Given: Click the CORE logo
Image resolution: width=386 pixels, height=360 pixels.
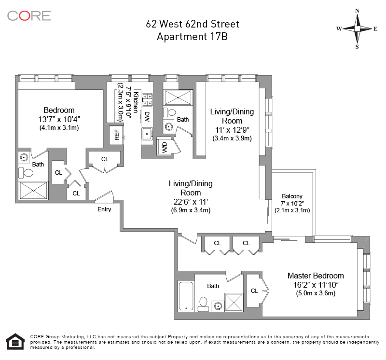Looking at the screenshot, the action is click(29, 16).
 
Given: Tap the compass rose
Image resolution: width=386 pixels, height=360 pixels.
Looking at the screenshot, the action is click(357, 29).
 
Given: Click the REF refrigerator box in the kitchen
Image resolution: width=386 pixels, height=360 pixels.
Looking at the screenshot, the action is click(117, 135).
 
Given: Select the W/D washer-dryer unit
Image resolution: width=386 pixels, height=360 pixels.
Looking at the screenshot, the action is click(165, 147).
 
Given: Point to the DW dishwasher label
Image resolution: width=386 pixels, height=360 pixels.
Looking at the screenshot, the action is click(147, 117).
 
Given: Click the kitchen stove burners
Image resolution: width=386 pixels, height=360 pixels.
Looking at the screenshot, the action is click(147, 99).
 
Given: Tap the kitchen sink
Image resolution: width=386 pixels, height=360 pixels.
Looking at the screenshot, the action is click(147, 134).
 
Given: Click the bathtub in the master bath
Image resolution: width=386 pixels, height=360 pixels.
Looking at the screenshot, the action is click(186, 296).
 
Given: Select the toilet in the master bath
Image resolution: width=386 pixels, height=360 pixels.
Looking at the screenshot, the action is click(203, 304).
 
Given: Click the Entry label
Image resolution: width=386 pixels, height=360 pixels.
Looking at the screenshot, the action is click(104, 209).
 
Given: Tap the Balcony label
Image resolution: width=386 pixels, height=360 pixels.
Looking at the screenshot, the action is click(292, 196).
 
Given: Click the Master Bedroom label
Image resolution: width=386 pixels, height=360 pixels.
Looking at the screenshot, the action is click(316, 276).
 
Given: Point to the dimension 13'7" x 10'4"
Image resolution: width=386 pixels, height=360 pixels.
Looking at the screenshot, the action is click(59, 119).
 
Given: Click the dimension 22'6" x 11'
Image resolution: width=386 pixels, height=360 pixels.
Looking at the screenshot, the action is click(191, 202).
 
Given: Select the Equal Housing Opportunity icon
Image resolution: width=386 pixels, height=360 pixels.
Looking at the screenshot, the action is click(15, 341).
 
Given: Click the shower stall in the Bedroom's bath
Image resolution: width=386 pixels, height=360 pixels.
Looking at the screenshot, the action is click(33, 190).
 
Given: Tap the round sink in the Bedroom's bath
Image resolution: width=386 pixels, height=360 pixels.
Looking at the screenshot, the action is click(24, 157).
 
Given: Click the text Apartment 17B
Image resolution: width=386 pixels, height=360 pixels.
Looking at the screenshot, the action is click(192, 37).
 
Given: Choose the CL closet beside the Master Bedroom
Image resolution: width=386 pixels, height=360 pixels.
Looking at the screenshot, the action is click(255, 291).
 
